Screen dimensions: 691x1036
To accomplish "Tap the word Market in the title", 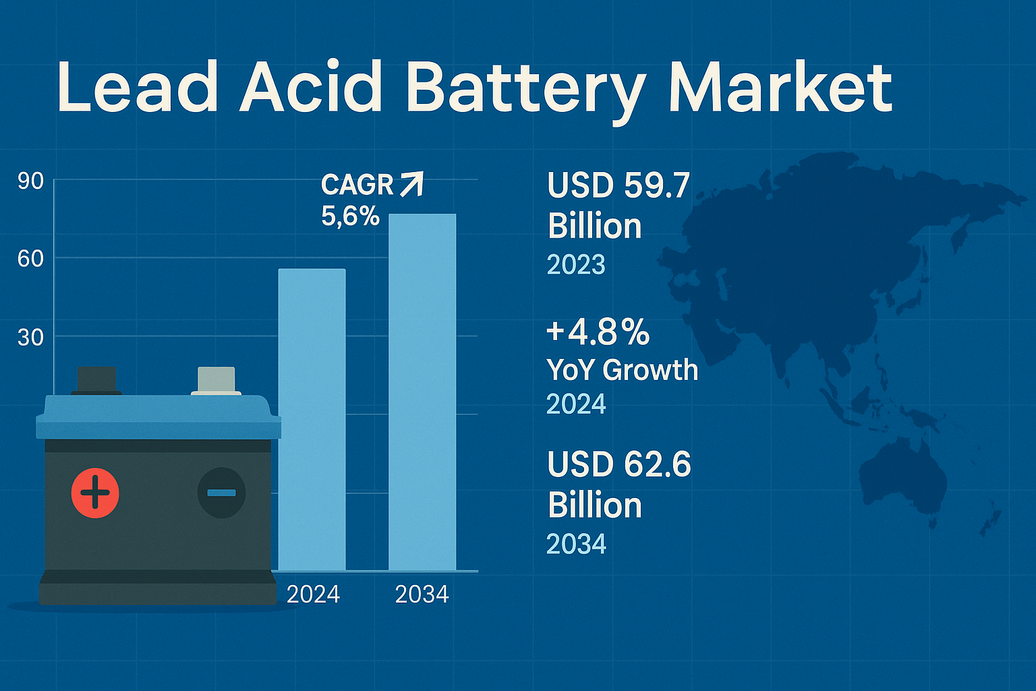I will coord(780,88).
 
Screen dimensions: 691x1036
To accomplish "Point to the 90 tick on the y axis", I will coord(30,181).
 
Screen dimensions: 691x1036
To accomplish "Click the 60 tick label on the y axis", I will coord(30,258).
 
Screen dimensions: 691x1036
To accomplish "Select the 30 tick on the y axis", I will coord(30,337).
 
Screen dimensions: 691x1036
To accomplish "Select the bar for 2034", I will coord(422,391).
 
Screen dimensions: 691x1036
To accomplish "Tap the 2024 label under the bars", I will coord(313,595).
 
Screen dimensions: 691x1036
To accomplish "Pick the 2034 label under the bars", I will coord(422,595).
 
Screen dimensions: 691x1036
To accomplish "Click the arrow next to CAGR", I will coord(411,184).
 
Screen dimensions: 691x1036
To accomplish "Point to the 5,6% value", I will coord(350,216).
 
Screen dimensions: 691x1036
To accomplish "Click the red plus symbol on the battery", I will coord(95,493).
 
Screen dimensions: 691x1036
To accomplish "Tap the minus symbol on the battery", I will coord(221,493).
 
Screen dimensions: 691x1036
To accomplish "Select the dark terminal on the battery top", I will coord(96,380).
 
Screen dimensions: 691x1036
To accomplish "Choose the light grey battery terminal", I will coord(216,380).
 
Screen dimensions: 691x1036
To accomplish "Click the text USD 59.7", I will coord(618,186).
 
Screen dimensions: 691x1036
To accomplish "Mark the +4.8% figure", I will coord(598,332).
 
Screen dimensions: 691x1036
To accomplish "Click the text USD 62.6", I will coord(618,465).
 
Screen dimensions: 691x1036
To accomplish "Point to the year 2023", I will coord(576,265).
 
